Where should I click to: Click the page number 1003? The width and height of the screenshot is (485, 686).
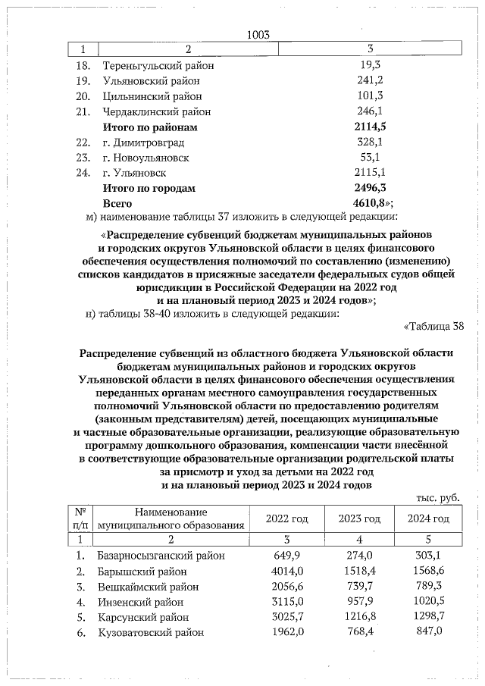(258, 34)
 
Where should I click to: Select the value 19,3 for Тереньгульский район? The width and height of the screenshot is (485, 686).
(369, 65)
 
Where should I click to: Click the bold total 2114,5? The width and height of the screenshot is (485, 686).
(369, 127)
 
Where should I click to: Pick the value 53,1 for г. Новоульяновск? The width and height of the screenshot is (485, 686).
(369, 158)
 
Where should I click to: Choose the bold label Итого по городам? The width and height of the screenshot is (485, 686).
(149, 188)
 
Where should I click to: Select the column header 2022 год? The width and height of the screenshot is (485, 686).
(287, 518)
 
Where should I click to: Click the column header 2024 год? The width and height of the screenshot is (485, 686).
(428, 518)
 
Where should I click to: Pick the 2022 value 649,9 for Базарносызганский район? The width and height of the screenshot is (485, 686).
(287, 556)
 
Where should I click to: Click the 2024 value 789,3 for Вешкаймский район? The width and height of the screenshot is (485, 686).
(428, 587)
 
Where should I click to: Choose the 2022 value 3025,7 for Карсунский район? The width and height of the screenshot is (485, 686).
(287, 617)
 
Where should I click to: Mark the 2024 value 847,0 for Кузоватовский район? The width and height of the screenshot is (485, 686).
(428, 632)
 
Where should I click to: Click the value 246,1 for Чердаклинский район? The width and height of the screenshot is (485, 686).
(369, 111)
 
